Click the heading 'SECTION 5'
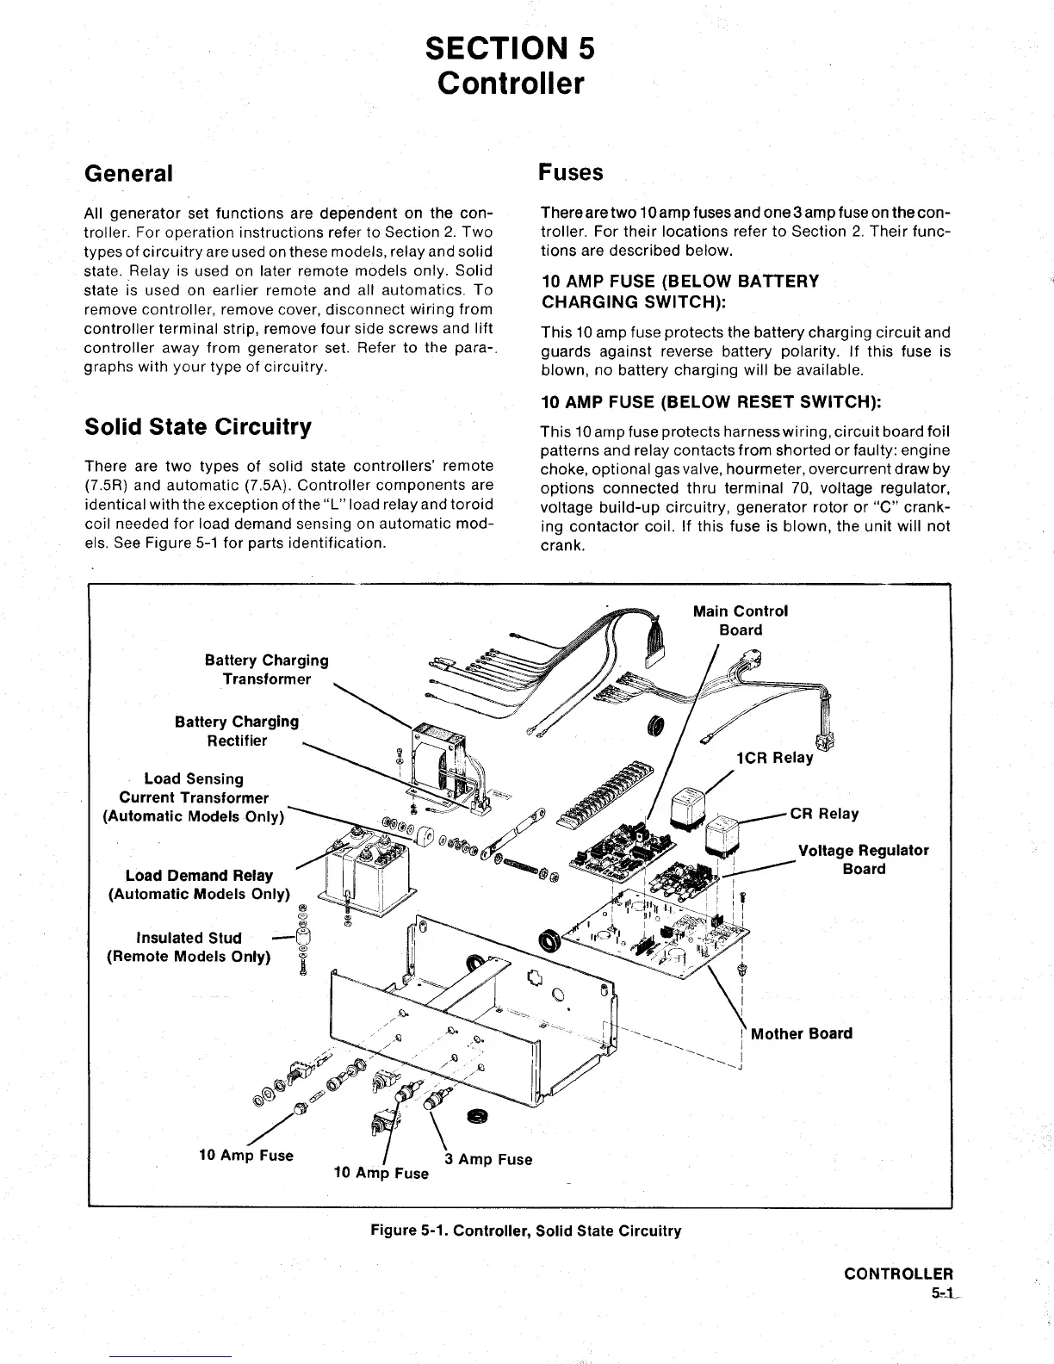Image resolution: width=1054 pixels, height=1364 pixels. (510, 48)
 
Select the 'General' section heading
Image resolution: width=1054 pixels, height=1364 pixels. (128, 173)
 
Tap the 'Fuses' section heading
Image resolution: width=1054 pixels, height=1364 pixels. (570, 172)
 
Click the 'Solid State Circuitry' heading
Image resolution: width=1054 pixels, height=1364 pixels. (198, 427)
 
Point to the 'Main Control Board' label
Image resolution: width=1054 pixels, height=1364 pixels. (741, 620)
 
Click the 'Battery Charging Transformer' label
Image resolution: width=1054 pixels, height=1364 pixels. (266, 669)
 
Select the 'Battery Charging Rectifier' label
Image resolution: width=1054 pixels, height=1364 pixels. (237, 730)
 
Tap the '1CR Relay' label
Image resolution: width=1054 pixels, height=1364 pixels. (774, 758)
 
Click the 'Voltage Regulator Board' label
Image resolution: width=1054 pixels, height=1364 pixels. (863, 859)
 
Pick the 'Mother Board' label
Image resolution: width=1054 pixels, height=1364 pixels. (801, 1033)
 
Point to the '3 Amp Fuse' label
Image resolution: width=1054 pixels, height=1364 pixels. (488, 1159)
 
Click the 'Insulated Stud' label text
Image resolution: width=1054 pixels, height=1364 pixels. (189, 938)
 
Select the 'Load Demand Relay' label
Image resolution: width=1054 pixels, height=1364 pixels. (199, 876)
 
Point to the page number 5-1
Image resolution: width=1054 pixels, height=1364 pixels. (941, 1293)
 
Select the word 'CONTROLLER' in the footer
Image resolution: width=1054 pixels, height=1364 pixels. (898, 1274)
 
